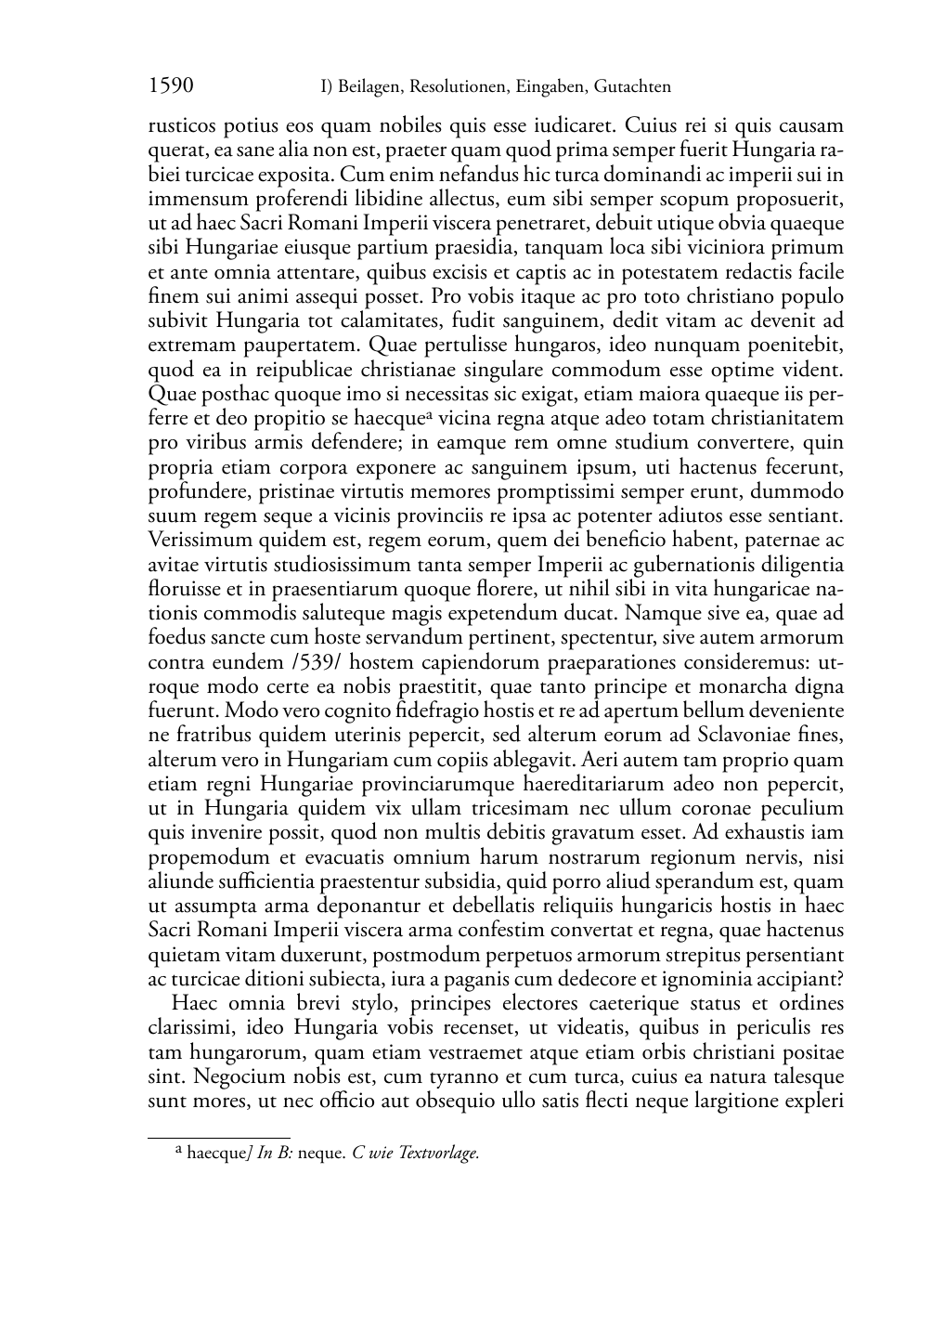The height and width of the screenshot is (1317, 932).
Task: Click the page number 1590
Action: point(171,86)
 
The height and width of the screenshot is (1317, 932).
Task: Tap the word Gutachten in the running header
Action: point(632,87)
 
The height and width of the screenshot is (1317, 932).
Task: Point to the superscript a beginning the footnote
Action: point(178,1151)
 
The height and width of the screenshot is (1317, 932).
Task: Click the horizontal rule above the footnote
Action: point(219,1137)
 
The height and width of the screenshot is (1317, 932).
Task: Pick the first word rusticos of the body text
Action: point(183,125)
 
